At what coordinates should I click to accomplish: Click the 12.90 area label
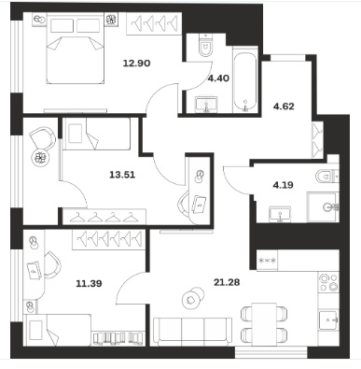[x=136, y=64]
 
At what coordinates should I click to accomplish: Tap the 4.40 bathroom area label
[x=218, y=78]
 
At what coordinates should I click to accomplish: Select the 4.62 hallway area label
[x=284, y=106]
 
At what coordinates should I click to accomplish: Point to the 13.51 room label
[x=122, y=175]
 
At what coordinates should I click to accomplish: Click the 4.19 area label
[x=283, y=185]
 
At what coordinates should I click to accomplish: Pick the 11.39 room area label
[x=89, y=284]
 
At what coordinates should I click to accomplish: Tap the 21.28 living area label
[x=227, y=282]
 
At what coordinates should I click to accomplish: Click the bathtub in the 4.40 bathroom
[x=245, y=79]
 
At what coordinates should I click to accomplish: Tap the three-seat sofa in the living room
[x=193, y=332]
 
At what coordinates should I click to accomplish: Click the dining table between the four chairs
[x=264, y=324]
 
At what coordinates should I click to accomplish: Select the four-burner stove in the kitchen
[x=328, y=282]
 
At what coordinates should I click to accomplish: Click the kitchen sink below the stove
[x=328, y=319]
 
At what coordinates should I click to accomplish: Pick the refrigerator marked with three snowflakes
[x=267, y=261]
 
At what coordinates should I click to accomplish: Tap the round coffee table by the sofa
[x=193, y=298]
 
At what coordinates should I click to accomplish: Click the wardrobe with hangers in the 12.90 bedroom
[x=154, y=23]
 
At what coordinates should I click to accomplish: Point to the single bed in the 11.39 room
[x=58, y=330]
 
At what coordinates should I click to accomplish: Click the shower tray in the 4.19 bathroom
[x=323, y=207]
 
